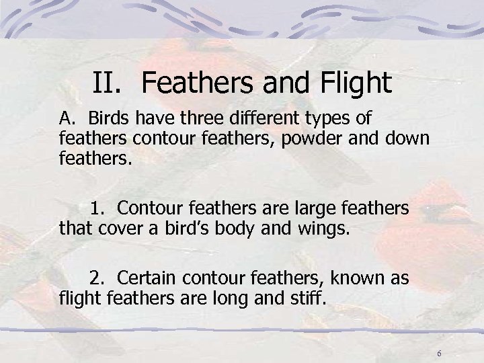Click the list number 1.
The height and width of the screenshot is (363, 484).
(97, 208)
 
